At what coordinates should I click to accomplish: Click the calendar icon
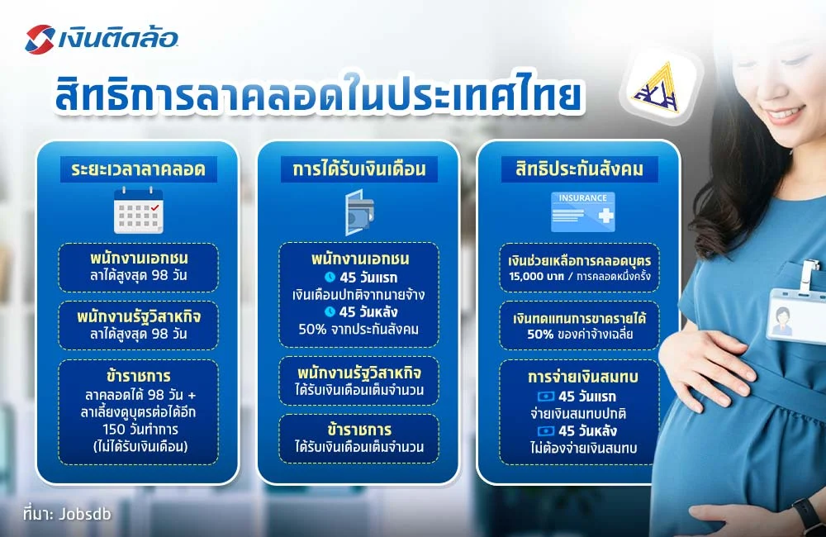point(138,210)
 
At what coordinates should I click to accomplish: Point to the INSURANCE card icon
point(583,211)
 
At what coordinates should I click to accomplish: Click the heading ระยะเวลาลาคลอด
point(138,170)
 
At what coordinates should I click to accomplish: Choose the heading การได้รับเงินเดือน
point(358,170)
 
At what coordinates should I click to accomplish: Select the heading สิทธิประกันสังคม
point(579,170)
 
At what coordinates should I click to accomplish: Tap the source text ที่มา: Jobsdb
point(67,513)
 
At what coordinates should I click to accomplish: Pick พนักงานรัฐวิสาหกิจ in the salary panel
point(358,372)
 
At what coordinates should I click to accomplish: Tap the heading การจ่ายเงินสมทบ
point(579,377)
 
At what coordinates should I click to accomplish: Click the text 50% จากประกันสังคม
point(358,329)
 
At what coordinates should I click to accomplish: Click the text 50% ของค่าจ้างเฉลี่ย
point(579,335)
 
